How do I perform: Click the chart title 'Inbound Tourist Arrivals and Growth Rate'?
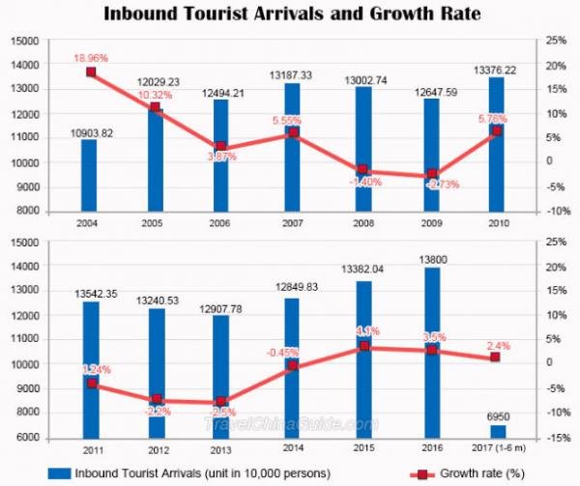coord(291,14)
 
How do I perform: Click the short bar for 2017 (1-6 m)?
coord(497,431)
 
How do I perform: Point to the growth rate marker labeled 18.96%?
coord(91,71)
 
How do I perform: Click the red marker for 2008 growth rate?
coord(362,169)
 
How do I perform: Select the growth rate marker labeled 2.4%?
coord(496,357)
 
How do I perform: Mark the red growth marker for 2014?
coord(292,366)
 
